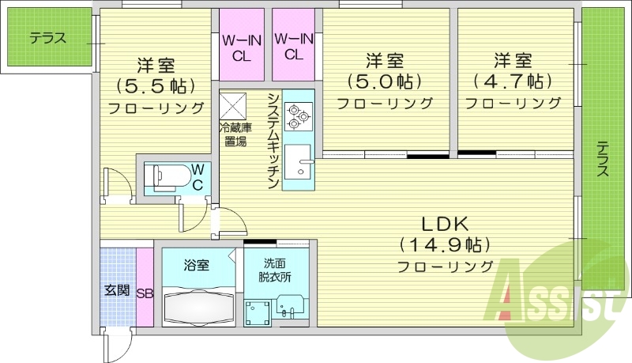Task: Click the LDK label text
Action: point(445,223)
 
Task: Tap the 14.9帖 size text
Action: point(445,244)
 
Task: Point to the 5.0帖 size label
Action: point(385,81)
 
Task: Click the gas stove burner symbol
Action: point(299,116)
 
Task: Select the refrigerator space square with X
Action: point(235,105)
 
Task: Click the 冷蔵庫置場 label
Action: point(235,134)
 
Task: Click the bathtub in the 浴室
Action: point(197,304)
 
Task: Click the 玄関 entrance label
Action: point(117,290)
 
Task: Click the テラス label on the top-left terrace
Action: point(48,37)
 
